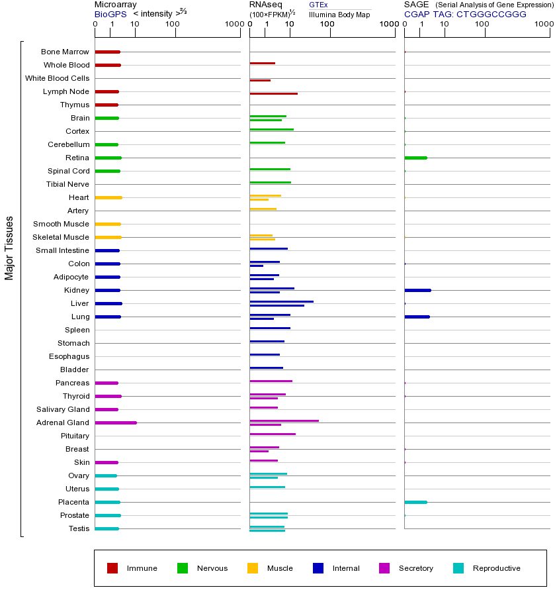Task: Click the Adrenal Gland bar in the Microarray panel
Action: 116,422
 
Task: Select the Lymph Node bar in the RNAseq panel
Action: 273,93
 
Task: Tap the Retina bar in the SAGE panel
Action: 415,158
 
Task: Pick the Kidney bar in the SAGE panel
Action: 417,290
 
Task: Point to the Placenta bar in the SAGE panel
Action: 415,502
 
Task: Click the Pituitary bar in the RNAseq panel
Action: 273,434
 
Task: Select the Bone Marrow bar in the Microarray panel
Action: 107,52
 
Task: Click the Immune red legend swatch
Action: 112,568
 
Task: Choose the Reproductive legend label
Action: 496,568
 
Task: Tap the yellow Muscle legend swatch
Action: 253,568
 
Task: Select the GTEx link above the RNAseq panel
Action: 318,5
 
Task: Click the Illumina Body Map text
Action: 339,15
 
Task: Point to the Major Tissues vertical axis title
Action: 9,248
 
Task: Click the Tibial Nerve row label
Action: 67,184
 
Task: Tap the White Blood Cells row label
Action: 57,78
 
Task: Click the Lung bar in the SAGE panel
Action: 417,317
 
